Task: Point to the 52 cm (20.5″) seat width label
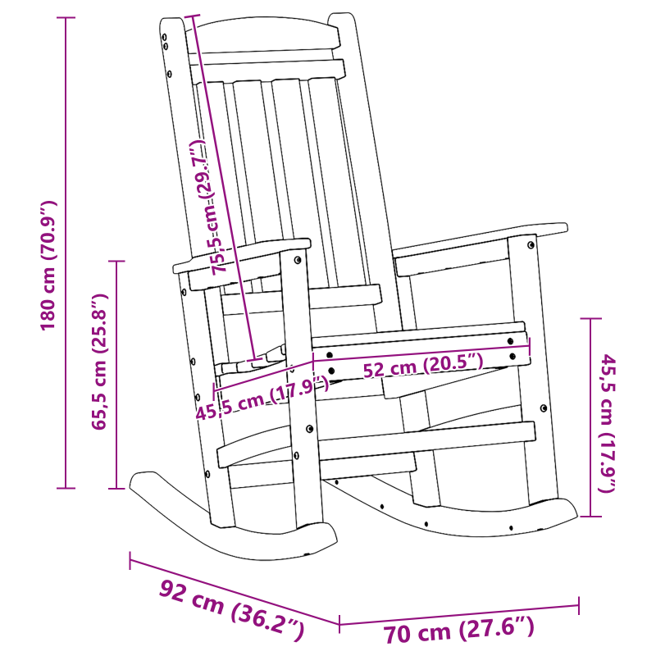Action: click(x=422, y=366)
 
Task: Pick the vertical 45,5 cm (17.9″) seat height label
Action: click(x=608, y=422)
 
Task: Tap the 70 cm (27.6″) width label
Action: click(x=459, y=631)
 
